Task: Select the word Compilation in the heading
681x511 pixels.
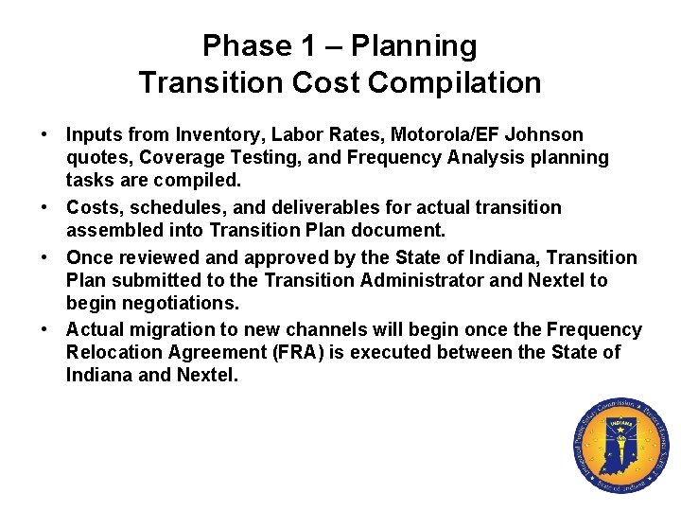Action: (x=455, y=82)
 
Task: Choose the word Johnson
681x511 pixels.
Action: (x=549, y=134)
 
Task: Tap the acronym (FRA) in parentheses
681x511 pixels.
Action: (x=331, y=353)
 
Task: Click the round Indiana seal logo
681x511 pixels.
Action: (x=620, y=445)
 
